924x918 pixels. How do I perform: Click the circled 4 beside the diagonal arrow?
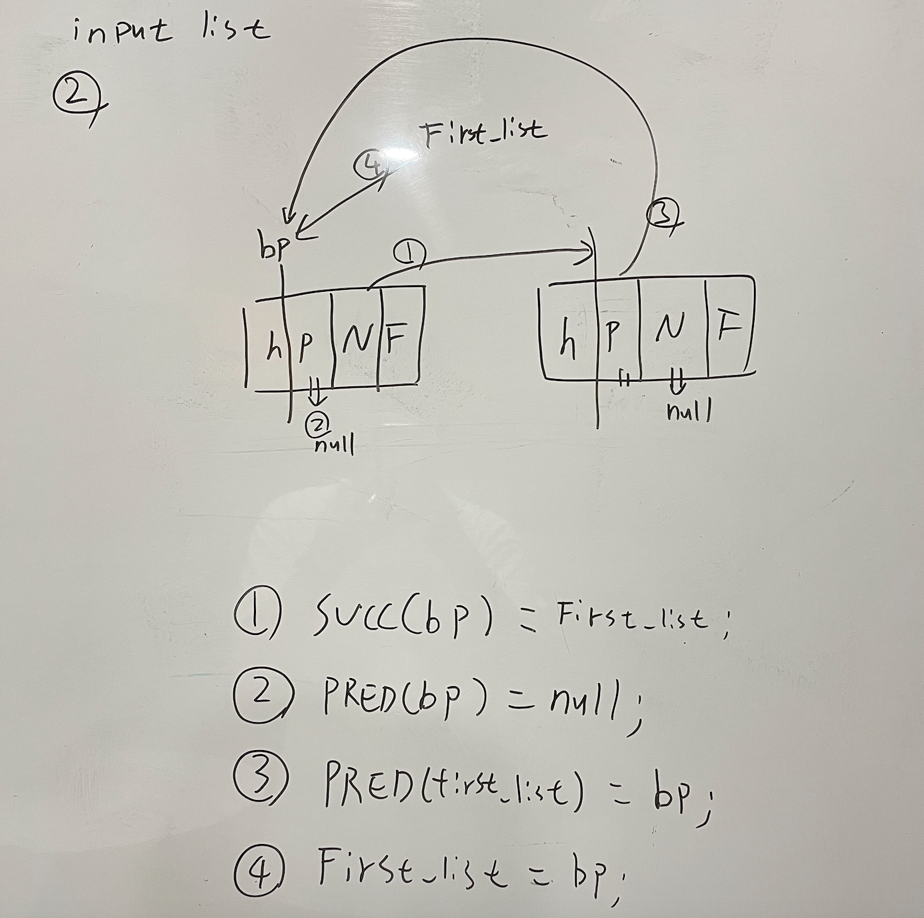coord(371,164)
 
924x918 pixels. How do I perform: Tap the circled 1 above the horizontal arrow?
coord(409,252)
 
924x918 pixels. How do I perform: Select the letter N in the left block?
coord(357,340)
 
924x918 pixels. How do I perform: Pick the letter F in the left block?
coord(396,340)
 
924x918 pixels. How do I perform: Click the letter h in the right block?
coord(567,340)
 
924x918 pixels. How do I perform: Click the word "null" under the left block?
coord(333,444)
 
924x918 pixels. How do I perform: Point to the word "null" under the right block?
coord(689,411)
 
